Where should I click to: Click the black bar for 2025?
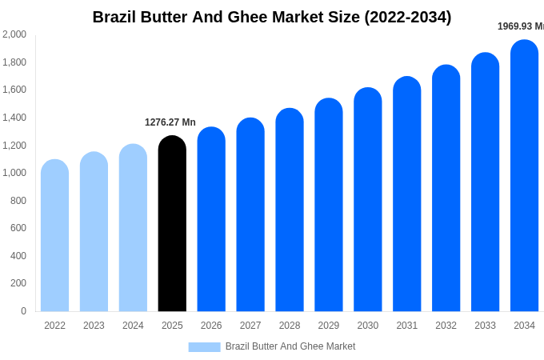point(172,224)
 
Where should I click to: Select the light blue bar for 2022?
point(54,236)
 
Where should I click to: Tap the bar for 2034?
point(524,176)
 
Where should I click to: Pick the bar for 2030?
point(368,200)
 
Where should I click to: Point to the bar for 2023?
point(94,232)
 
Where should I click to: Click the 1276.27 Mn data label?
point(170,122)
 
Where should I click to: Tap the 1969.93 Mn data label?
point(520,26)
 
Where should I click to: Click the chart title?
point(272,17)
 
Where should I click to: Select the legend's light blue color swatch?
point(204,347)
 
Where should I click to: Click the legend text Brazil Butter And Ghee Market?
point(290,346)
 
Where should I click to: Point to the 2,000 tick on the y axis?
point(14,34)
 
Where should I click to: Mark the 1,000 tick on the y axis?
point(14,173)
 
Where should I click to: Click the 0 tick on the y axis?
point(23,311)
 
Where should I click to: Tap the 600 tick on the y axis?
point(18,228)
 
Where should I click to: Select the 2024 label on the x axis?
point(133,326)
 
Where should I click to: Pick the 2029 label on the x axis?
point(329,326)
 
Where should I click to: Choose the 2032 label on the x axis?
point(446,326)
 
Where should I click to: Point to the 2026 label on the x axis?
point(211,326)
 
